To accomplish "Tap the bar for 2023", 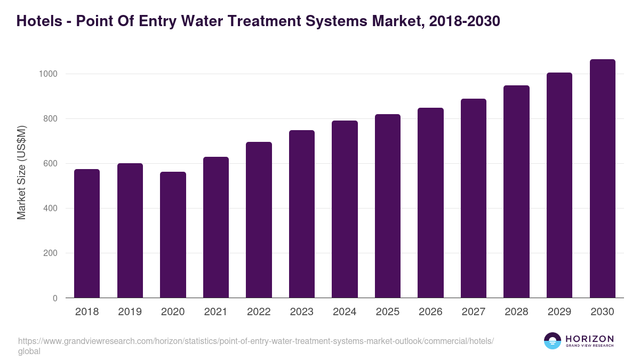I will [x=302, y=214].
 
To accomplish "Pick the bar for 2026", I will [x=430, y=203].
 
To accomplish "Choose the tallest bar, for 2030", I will [x=602, y=179].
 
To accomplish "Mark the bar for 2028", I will [x=516, y=191].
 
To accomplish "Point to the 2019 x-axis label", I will [x=130, y=312].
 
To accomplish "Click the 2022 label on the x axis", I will [x=259, y=312].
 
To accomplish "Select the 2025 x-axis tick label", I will [x=387, y=312].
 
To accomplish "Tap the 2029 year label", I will [x=559, y=312].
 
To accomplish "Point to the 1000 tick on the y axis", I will [x=47, y=74].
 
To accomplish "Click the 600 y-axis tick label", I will [x=50, y=164].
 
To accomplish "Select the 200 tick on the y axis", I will [x=50, y=253].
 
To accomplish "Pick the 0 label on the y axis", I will [x=54, y=299].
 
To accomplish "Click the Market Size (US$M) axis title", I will [x=21, y=172].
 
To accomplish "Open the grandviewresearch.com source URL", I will [x=256, y=341].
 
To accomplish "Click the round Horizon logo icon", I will [x=553, y=341].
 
